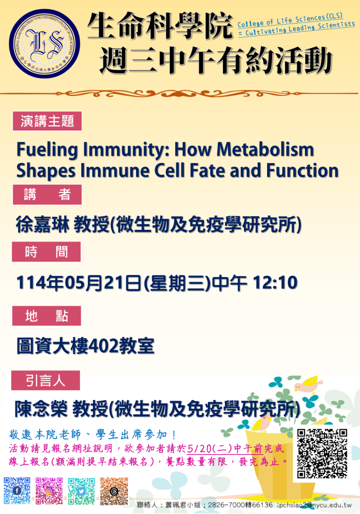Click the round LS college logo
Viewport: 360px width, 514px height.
pyautogui.click(x=45, y=44)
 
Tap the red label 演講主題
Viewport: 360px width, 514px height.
pyautogui.click(x=47, y=121)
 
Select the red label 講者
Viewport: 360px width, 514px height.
pyautogui.click(x=47, y=195)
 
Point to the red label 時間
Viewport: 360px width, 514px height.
pyautogui.click(x=46, y=252)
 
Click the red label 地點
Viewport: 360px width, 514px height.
pyautogui.click(x=47, y=316)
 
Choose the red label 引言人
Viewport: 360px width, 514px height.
pyautogui.click(x=46, y=380)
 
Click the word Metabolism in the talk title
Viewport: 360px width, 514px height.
pyautogui.click(x=265, y=150)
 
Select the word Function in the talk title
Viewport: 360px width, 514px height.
pyautogui.click(x=302, y=171)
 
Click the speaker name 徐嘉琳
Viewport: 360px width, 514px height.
pyautogui.click(x=43, y=225)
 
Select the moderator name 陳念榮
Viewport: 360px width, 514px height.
pyautogui.click(x=41, y=410)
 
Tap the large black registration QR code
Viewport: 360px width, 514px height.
pyautogui.click(x=322, y=453)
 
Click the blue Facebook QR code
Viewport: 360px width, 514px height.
pyautogui.click(x=17, y=491)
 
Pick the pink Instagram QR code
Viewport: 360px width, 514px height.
pyautogui.click(x=49, y=491)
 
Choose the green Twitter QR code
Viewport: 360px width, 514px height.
pyautogui.click(x=82, y=491)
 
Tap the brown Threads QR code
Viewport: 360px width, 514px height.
pyautogui.click(x=114, y=491)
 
